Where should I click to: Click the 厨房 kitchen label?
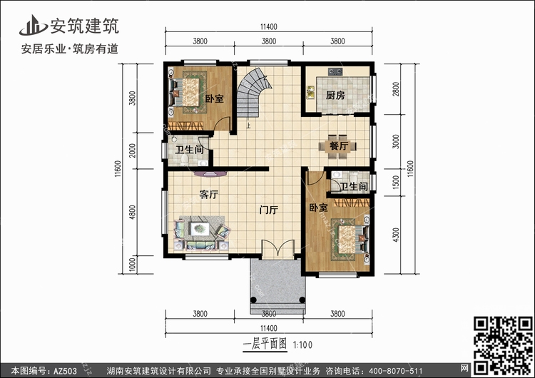point(335,95)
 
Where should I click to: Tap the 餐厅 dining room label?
point(338,146)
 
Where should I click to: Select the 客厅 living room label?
point(208,195)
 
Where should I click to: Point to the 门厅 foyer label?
point(268,210)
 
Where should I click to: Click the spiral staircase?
point(253,91)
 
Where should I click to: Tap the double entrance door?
point(278,248)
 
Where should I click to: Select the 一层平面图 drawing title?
point(265,344)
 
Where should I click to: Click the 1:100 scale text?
point(302,345)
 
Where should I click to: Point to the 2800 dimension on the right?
point(396,89)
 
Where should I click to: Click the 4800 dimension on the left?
point(133,213)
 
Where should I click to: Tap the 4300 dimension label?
point(396,235)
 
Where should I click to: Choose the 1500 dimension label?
point(396,183)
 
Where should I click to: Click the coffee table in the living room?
point(200,228)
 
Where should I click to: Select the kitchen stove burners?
point(335,71)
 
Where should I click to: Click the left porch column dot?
point(253,300)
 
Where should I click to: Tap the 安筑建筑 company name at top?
point(85,26)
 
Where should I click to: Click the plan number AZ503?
point(65,371)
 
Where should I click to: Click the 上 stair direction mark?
point(248,126)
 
